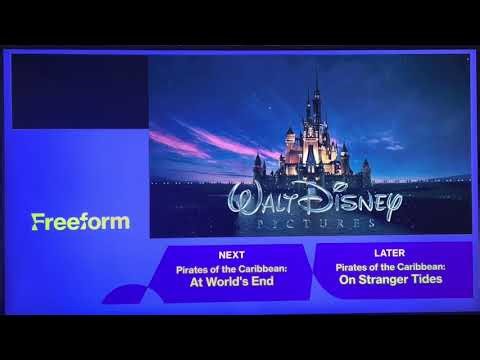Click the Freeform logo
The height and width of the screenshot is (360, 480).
80,220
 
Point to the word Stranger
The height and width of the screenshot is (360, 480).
379,279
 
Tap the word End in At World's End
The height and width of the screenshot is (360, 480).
262,281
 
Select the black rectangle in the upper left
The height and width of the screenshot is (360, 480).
78,85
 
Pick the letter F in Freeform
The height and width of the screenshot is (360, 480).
36,220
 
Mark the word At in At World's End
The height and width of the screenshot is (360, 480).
198,281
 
